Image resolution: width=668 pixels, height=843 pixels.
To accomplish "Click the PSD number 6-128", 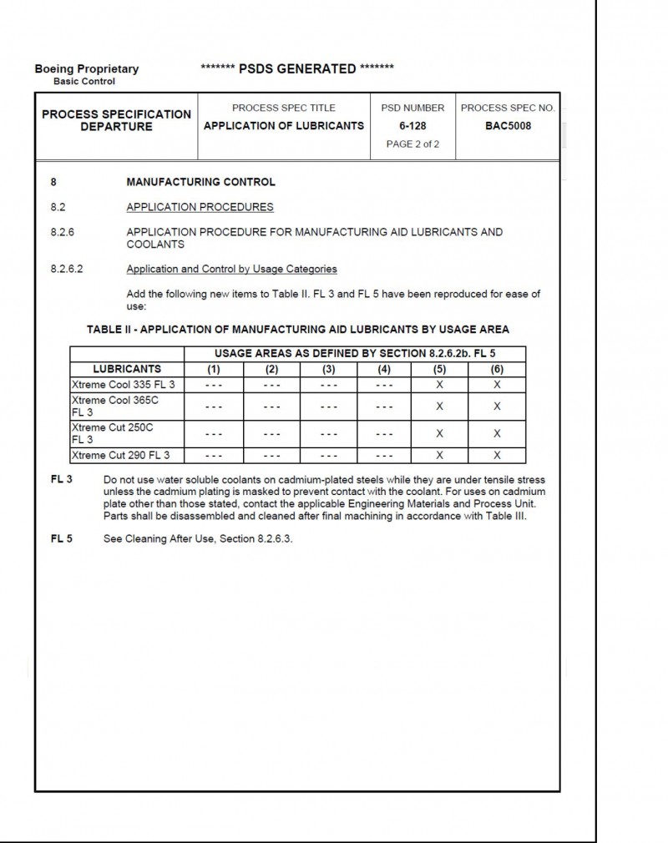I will pos(412,126).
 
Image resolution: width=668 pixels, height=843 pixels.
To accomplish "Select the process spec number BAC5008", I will pos(508,126).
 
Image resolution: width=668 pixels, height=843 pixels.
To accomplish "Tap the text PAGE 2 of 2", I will pos(412,144).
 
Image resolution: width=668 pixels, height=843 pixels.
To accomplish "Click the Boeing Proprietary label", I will pos(87,69).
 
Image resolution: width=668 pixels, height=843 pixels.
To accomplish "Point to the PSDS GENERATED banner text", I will pos(297,68).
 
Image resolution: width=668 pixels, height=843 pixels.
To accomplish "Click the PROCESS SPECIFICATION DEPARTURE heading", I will pos(116,120).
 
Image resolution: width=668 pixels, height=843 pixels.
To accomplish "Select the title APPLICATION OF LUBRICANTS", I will pos(284,126).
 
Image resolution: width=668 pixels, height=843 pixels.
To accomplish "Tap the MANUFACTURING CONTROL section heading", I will pos(200,182).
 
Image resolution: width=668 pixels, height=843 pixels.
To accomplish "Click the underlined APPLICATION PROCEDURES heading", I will pos(200,207).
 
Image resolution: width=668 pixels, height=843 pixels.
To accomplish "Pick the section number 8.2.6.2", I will pos(68,269).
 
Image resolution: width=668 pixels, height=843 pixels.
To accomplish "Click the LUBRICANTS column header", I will pos(127,369).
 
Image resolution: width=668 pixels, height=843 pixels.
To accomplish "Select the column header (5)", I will pos(440,369).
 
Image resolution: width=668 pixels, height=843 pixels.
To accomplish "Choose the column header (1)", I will pos(214,369).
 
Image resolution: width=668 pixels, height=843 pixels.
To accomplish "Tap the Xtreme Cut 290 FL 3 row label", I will pos(120,455).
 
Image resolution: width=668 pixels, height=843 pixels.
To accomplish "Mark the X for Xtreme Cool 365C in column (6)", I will pos(497,406).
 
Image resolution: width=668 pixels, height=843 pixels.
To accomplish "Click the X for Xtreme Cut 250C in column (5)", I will pos(440,433).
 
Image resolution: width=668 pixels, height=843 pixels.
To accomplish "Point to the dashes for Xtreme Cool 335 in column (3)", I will pos(328,385).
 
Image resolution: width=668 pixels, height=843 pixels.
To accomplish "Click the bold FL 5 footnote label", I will pos(62,538).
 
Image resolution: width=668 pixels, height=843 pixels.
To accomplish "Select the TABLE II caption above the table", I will pos(298,329).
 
